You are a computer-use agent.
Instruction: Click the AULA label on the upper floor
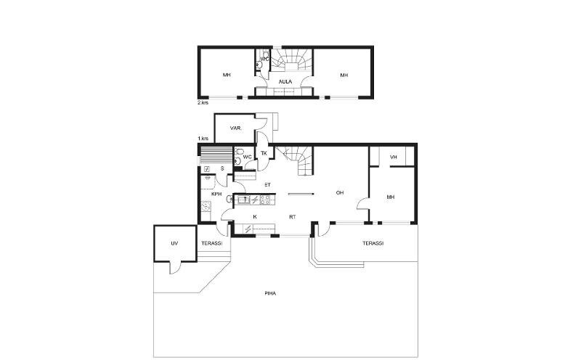coord(285,81)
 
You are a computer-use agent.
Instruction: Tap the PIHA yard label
coord(270,293)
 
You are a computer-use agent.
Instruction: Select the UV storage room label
coord(174,243)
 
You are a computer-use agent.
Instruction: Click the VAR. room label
coord(235,128)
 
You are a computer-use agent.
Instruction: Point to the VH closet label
coord(394,157)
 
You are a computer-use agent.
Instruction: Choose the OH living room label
coord(340,192)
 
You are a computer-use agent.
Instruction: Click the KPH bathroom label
coord(216,194)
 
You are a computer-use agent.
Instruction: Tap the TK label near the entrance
coord(264,153)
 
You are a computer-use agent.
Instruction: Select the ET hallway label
coord(267,185)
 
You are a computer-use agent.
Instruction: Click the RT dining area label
coord(293,217)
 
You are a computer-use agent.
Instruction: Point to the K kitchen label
coord(255,217)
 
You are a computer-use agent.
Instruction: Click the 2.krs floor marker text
coord(203,102)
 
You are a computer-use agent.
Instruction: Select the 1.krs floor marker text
coord(203,139)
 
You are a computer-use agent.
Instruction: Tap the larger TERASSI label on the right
coord(373,243)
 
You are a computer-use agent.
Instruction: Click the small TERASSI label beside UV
coord(211,243)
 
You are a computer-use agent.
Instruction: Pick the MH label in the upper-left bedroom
coord(227,75)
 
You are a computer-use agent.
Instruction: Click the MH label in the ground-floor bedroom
coord(391,197)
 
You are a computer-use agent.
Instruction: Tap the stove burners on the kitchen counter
coord(265,200)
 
